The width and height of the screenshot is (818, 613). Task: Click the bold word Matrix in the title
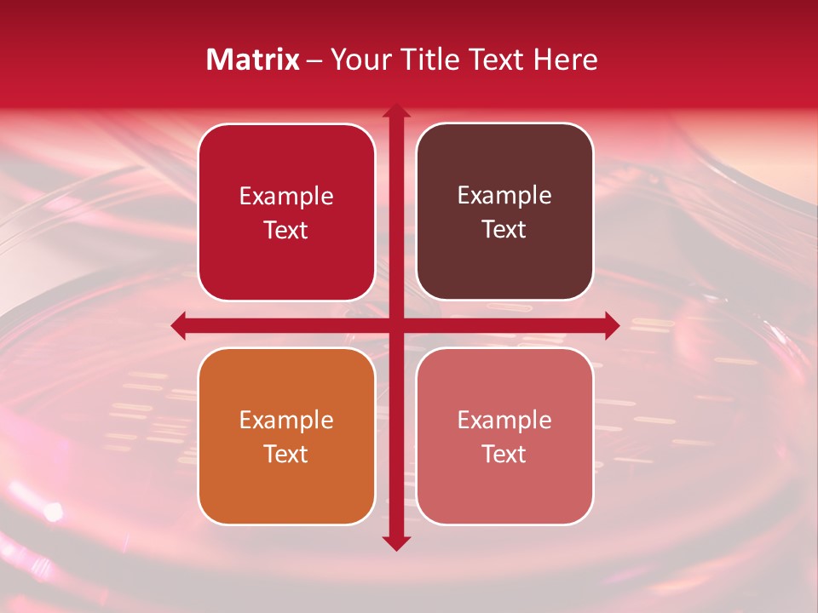pos(253,60)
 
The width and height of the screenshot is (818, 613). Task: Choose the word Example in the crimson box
pos(286,197)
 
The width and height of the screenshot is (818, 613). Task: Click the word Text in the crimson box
pos(286,231)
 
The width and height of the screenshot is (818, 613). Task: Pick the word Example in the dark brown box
pos(504,196)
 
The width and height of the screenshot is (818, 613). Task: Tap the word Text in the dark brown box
pos(504,230)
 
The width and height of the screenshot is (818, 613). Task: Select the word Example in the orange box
pos(286,421)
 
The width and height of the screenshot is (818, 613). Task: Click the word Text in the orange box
pos(286,455)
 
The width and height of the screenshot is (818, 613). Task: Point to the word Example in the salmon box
pos(504,421)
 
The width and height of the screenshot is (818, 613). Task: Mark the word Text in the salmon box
pos(504,455)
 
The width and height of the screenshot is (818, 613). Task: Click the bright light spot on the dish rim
pos(54,512)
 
